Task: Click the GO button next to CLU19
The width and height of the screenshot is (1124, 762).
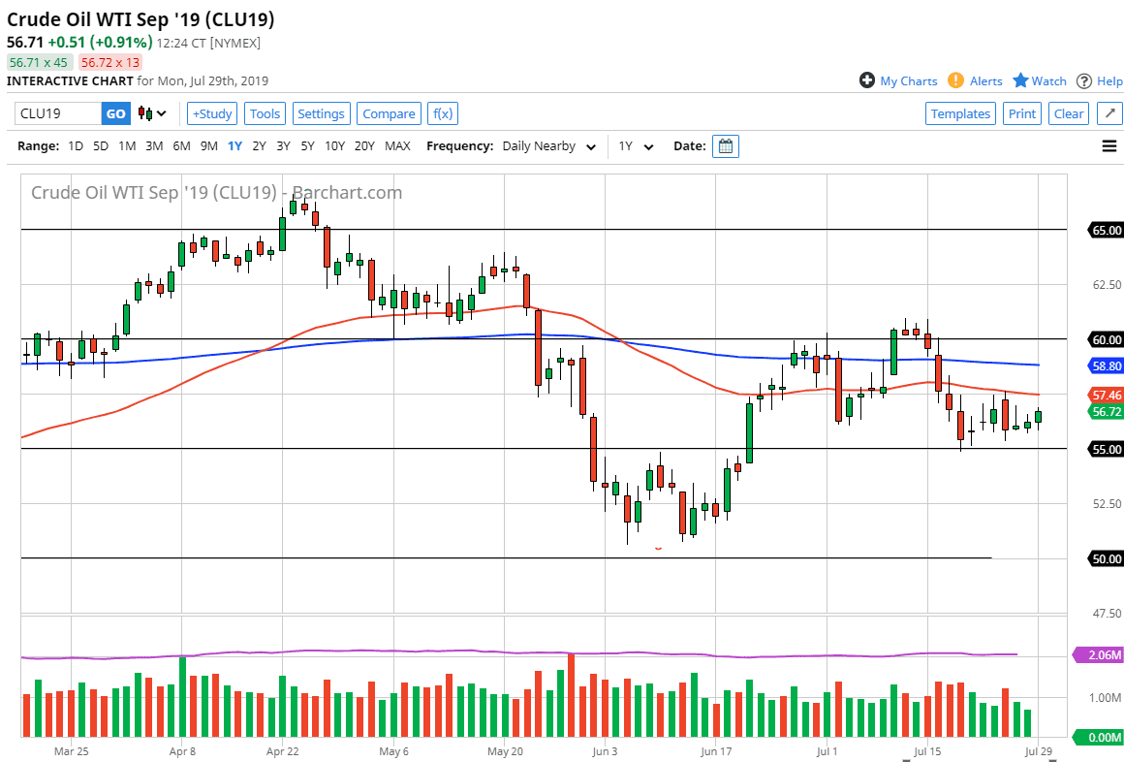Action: (115, 113)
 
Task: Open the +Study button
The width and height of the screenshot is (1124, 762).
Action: (211, 113)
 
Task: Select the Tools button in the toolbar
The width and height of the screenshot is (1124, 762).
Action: (265, 113)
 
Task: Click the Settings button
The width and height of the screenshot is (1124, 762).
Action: (321, 113)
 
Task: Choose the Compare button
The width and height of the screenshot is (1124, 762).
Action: (389, 113)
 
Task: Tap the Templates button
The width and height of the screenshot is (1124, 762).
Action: (960, 113)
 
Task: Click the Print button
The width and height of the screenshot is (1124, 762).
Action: (1021, 113)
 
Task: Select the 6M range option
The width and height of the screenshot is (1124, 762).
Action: (181, 146)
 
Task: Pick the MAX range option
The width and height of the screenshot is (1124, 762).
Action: (397, 146)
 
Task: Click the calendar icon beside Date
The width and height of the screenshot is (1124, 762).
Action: (726, 146)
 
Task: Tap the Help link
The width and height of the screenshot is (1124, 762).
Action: (1100, 81)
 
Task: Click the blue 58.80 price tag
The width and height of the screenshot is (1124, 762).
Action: (1107, 366)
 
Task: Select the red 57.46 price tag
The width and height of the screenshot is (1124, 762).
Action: (1107, 396)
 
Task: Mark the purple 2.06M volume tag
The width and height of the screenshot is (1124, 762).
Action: (1100, 655)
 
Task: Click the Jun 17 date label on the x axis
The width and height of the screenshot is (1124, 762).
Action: (715, 750)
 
